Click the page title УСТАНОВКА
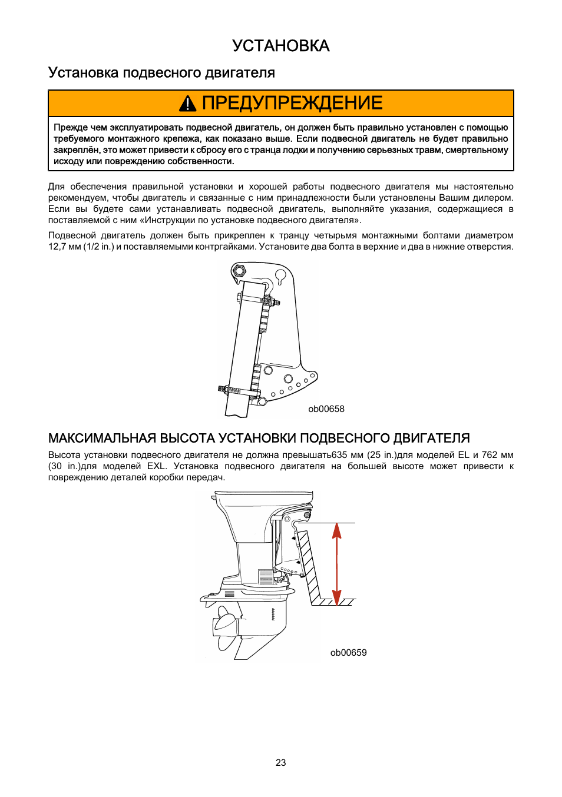pos(280,46)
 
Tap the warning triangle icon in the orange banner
pos(187,104)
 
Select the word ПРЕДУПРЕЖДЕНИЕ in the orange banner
pos(292,103)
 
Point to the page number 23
pos(280,762)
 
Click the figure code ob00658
pos(326,409)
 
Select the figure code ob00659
pos(348,652)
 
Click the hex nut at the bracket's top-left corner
pos(239,271)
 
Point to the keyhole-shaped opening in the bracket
pos(281,275)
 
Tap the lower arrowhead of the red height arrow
pos(337,597)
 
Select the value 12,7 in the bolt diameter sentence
pos(57,247)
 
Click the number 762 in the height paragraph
pos(489,455)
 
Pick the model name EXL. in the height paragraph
pos(157,466)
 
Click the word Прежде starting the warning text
pos(71,128)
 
